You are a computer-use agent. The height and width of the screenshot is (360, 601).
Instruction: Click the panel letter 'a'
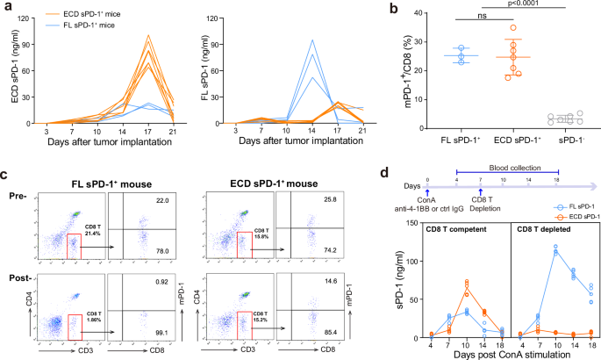[x=5, y=6]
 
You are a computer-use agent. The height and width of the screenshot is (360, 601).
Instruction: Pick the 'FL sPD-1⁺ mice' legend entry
[x=89, y=25]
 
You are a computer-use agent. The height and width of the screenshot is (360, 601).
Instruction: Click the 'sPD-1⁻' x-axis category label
[x=565, y=139]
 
